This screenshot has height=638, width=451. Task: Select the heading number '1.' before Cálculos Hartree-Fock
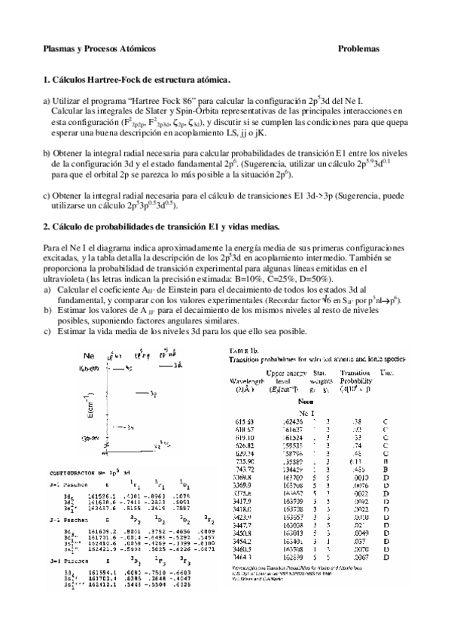pyautogui.click(x=46, y=80)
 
